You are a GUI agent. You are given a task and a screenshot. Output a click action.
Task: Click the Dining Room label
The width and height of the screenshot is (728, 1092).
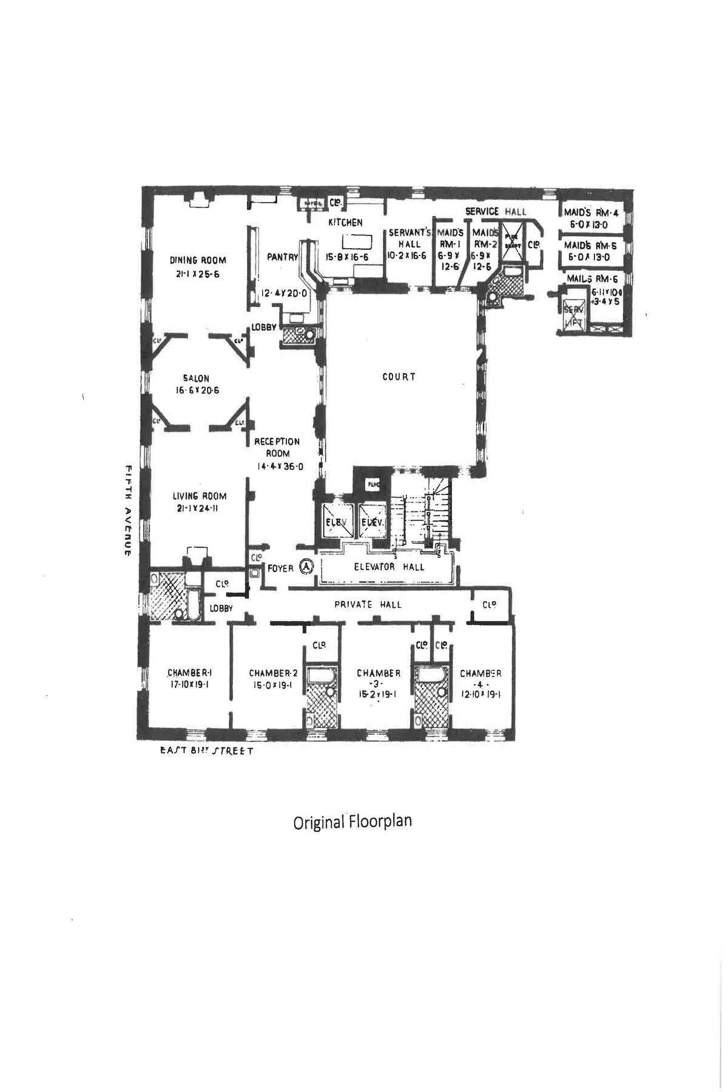tap(198, 260)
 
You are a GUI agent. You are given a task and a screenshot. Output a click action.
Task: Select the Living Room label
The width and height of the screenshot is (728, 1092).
tap(199, 496)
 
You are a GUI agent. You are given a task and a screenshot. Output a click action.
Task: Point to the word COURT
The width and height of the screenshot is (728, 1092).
tap(399, 377)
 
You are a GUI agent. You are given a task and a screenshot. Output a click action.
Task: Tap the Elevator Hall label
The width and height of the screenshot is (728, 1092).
tap(389, 567)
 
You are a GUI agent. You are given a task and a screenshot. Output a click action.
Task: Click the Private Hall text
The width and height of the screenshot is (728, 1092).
tap(368, 604)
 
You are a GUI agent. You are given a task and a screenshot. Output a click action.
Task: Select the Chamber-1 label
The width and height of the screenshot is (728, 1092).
tap(189, 673)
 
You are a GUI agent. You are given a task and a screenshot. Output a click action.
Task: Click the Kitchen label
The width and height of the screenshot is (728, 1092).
tap(345, 223)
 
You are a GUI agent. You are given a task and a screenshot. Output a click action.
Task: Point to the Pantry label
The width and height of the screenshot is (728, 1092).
tap(283, 257)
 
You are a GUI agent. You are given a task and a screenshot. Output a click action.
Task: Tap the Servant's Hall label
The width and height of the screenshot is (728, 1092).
tap(409, 238)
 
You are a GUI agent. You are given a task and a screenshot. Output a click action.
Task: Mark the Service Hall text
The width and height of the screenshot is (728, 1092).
tap(496, 211)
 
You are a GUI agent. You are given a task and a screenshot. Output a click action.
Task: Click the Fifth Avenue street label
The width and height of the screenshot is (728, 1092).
tap(129, 510)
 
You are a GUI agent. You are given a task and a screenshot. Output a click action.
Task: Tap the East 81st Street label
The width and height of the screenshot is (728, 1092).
tap(206, 751)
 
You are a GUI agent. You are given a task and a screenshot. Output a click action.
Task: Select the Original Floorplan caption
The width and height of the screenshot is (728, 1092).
tap(352, 821)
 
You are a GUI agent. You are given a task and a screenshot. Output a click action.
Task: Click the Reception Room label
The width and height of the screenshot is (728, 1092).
tap(277, 447)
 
